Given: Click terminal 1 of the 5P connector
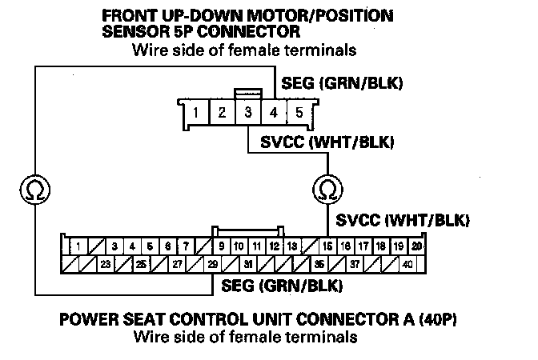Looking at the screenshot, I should tap(195, 113).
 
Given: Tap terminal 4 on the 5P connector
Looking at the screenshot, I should tap(273, 113).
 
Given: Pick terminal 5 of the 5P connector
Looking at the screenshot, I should tap(299, 113).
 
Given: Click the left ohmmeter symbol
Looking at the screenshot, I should tap(35, 189).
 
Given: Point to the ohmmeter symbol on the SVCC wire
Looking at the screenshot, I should tap(327, 189).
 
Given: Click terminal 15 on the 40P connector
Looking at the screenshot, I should tap(327, 246).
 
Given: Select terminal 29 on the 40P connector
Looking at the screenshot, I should tap(212, 263).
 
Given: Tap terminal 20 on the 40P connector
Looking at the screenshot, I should tap(416, 246).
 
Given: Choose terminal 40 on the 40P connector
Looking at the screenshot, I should tap(408, 263).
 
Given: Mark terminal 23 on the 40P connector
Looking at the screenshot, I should tap(105, 263).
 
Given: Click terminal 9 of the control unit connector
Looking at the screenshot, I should tap(221, 246).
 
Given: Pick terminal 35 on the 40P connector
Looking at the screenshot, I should tap(319, 263).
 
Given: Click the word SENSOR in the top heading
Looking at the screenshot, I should tap(133, 33).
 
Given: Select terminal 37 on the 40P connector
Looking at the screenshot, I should tap(354, 263).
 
